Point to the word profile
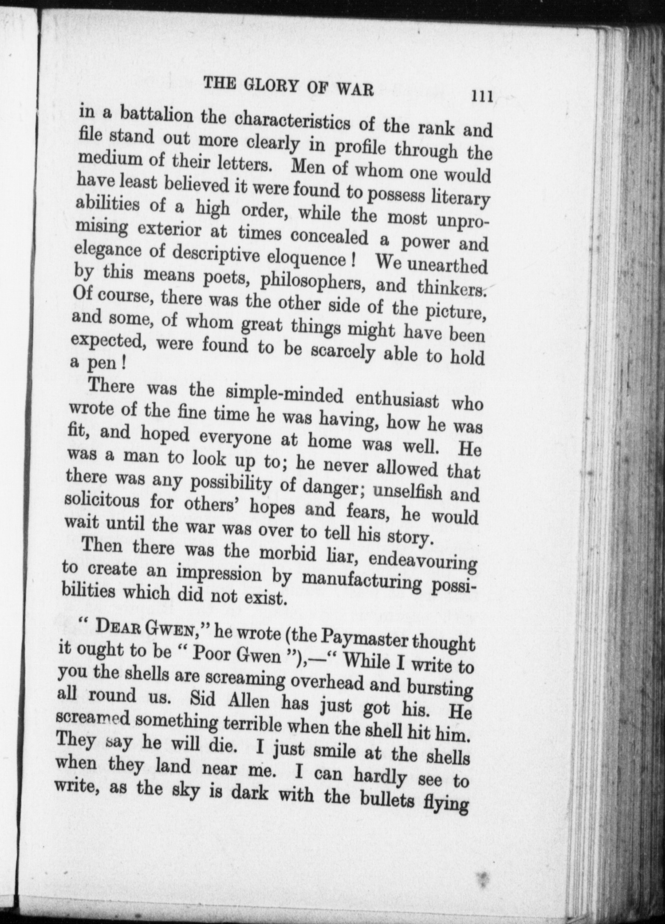[363, 148]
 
